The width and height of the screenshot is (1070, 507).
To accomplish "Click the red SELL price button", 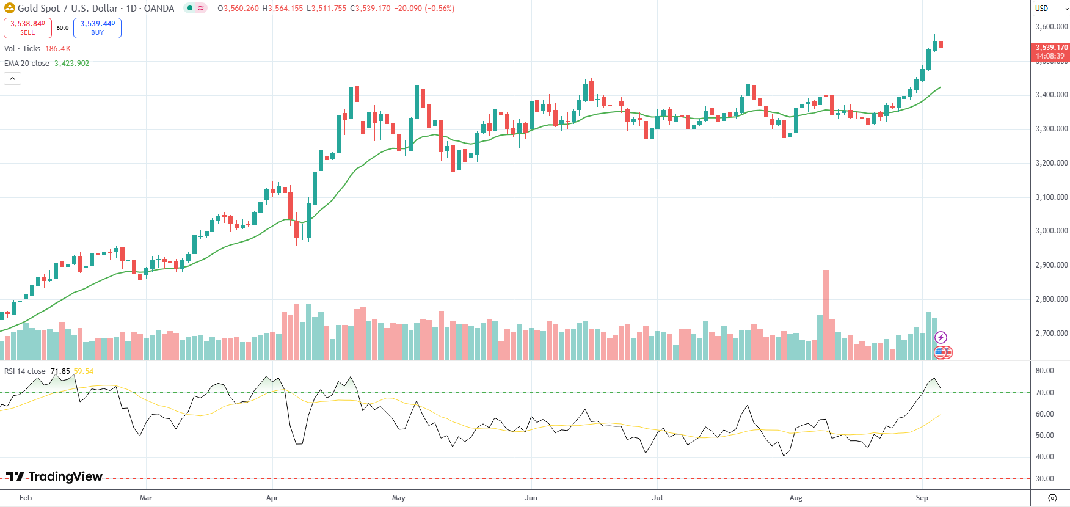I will pyautogui.click(x=27, y=27).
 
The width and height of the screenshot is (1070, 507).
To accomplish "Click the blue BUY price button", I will pyautogui.click(x=97, y=27).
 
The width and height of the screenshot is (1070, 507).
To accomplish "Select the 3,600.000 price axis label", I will pyautogui.click(x=1051, y=27).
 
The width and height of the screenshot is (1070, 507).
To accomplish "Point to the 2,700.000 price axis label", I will pyautogui.click(x=1051, y=334).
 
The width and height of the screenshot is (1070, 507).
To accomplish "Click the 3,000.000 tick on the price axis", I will pyautogui.click(x=1051, y=231).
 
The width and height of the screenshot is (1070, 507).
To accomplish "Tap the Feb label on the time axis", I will pyautogui.click(x=26, y=498).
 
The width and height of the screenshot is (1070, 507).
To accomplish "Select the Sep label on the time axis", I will pyautogui.click(x=922, y=498).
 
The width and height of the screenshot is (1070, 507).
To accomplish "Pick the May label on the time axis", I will pyautogui.click(x=398, y=498).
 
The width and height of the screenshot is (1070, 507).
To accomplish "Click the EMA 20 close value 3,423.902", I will pyautogui.click(x=71, y=64).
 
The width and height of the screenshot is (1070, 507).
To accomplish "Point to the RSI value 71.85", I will pyautogui.click(x=60, y=371).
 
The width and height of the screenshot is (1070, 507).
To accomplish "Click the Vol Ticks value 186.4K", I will pyautogui.click(x=58, y=49).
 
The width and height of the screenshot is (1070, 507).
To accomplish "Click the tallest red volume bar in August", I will pyautogui.click(x=826, y=315).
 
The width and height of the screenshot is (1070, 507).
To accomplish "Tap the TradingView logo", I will pyautogui.click(x=54, y=476).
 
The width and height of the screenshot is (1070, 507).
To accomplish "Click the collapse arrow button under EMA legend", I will pyautogui.click(x=12, y=78).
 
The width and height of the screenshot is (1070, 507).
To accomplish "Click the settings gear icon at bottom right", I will pyautogui.click(x=1052, y=498).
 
